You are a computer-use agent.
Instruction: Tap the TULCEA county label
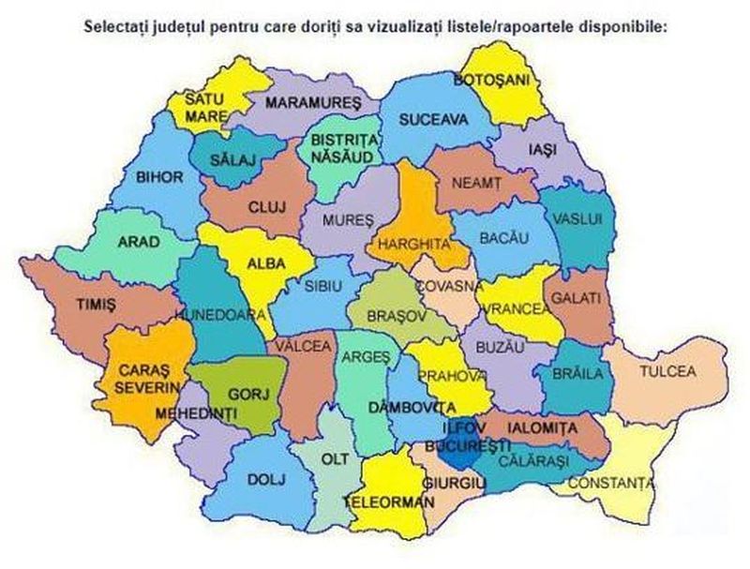(667, 371)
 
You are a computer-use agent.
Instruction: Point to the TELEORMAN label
(389, 502)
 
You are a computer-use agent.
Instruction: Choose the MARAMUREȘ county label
(313, 100)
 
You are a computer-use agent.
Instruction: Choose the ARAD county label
(138, 241)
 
